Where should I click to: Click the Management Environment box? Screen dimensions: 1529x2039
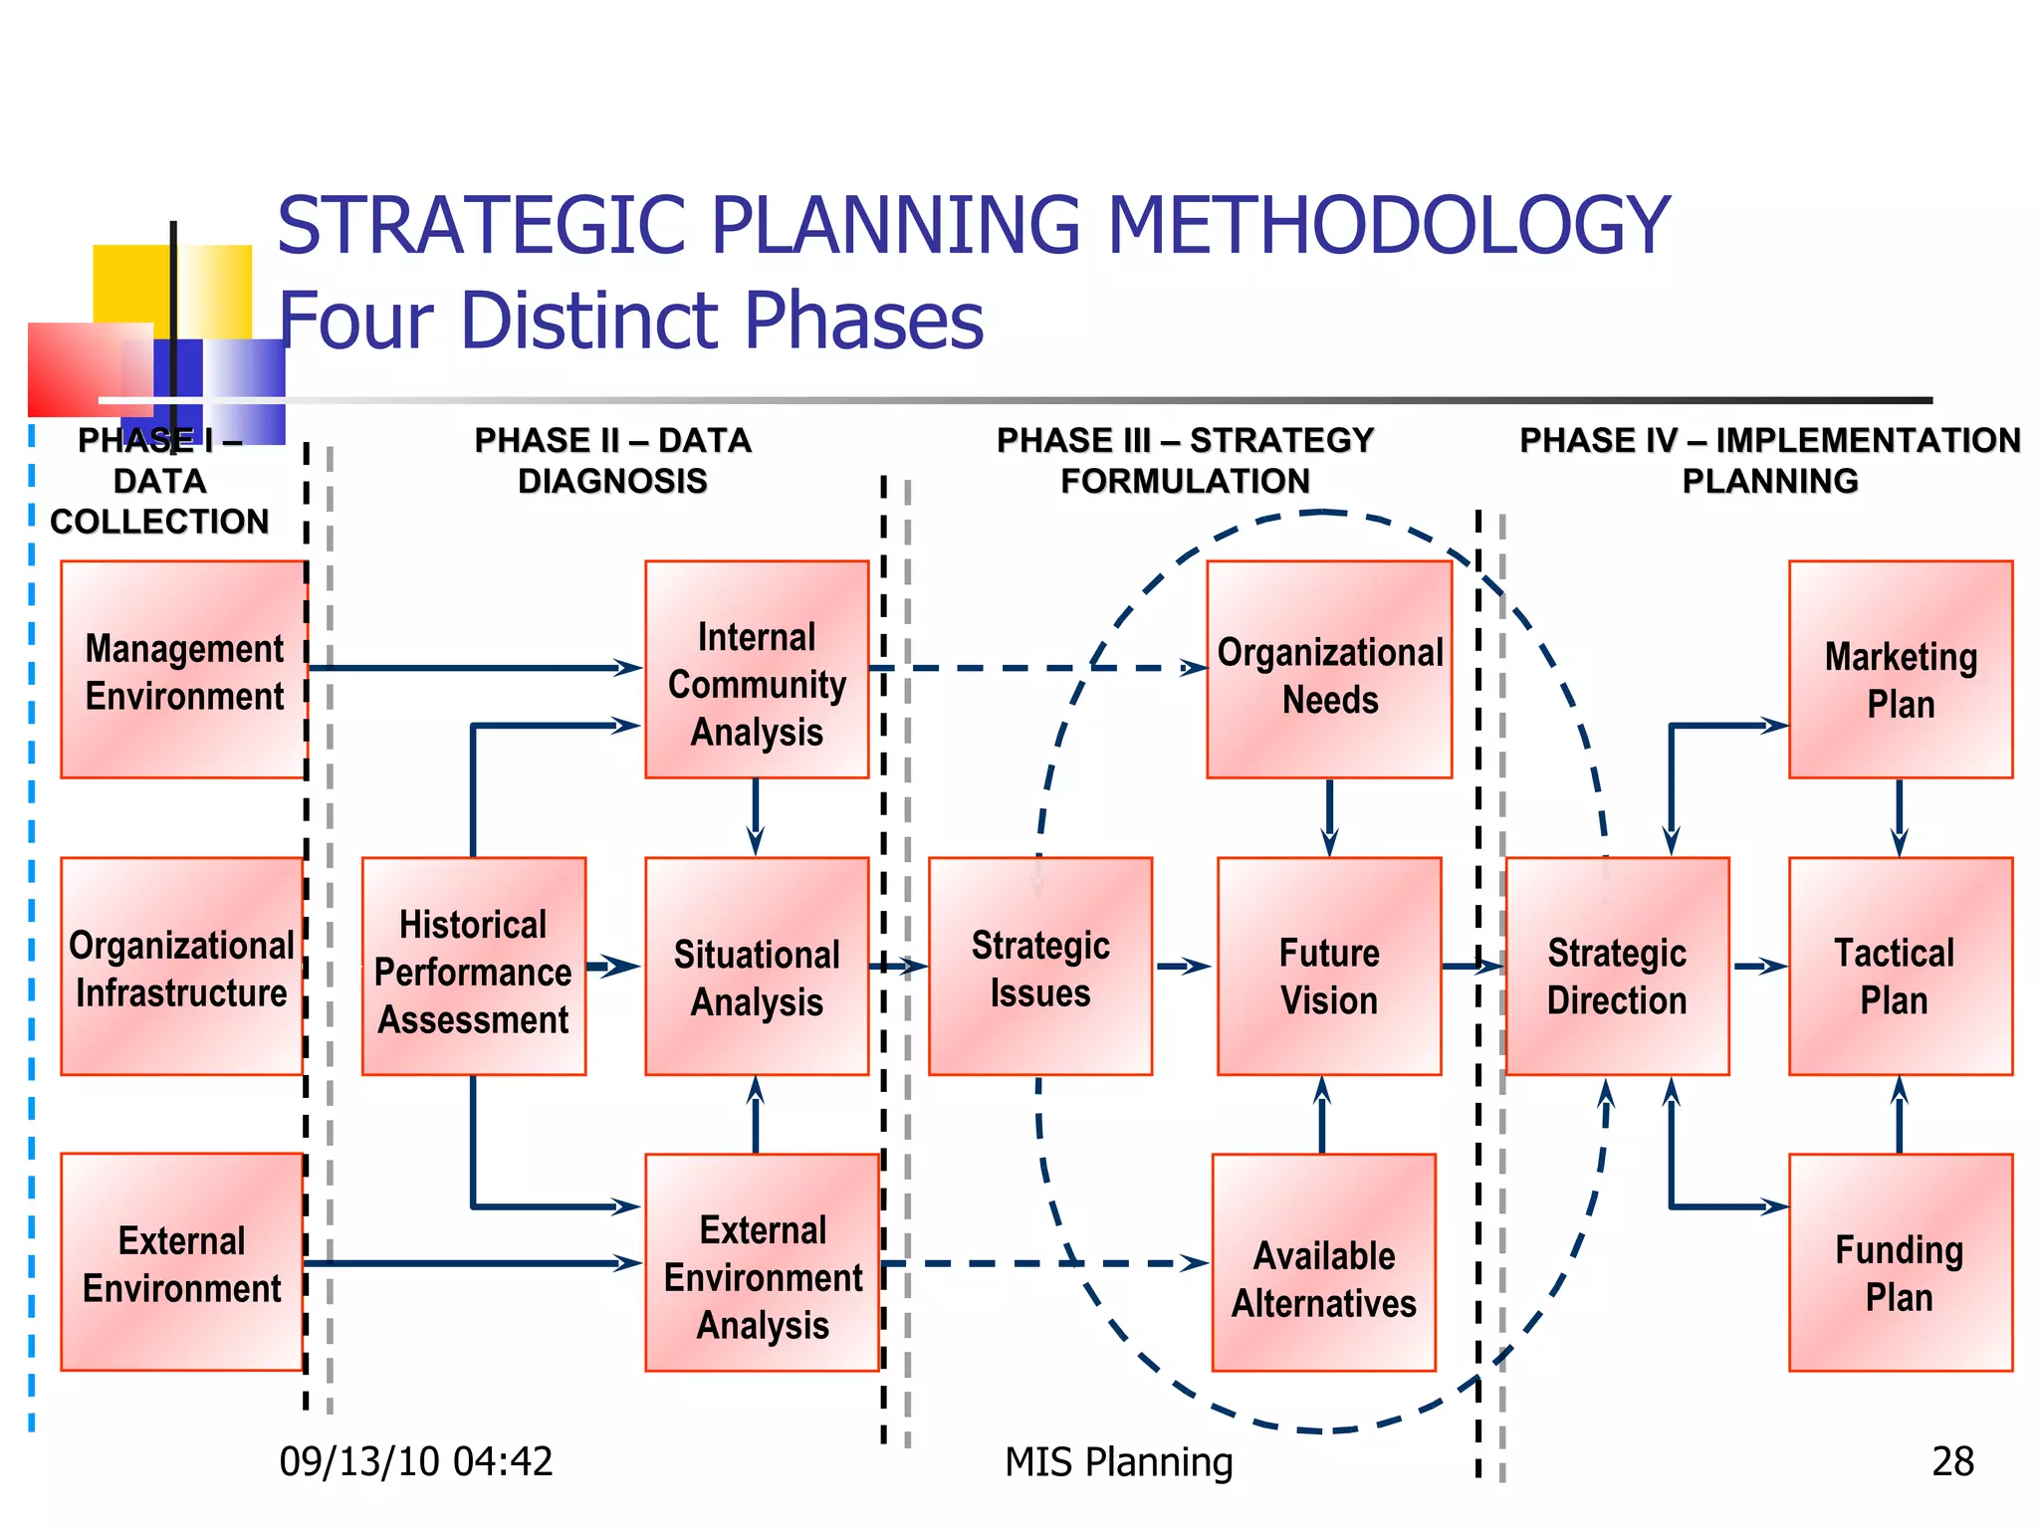click(183, 670)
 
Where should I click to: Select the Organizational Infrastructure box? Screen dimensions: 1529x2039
click(181, 967)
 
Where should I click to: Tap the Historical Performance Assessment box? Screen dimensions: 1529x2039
click(474, 967)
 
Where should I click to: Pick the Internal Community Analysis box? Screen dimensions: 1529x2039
click(757, 670)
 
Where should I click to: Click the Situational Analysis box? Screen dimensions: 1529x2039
click(757, 967)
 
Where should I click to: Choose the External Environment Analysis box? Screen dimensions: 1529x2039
click(763, 1263)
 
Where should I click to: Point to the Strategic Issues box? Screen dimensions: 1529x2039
click(1040, 967)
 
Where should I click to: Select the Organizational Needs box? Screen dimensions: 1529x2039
click(1329, 670)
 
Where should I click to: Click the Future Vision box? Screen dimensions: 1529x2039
click(1329, 967)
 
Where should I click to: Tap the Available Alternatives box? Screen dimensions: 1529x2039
click(1324, 1263)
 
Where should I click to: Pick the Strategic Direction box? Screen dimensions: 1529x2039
click(1617, 967)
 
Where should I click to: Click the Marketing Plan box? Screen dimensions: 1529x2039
click(1901, 670)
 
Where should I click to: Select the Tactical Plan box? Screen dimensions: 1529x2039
click(1901, 967)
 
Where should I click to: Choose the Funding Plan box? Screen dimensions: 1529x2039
click(1901, 1263)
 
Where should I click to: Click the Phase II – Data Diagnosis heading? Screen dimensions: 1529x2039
click(612, 461)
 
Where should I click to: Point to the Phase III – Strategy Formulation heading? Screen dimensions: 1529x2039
click(1185, 461)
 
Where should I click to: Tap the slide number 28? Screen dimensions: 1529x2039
click(1952, 1461)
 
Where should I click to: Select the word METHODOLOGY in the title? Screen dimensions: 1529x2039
click(1388, 225)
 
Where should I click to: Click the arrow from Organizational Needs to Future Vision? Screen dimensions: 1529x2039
click(1329, 816)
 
